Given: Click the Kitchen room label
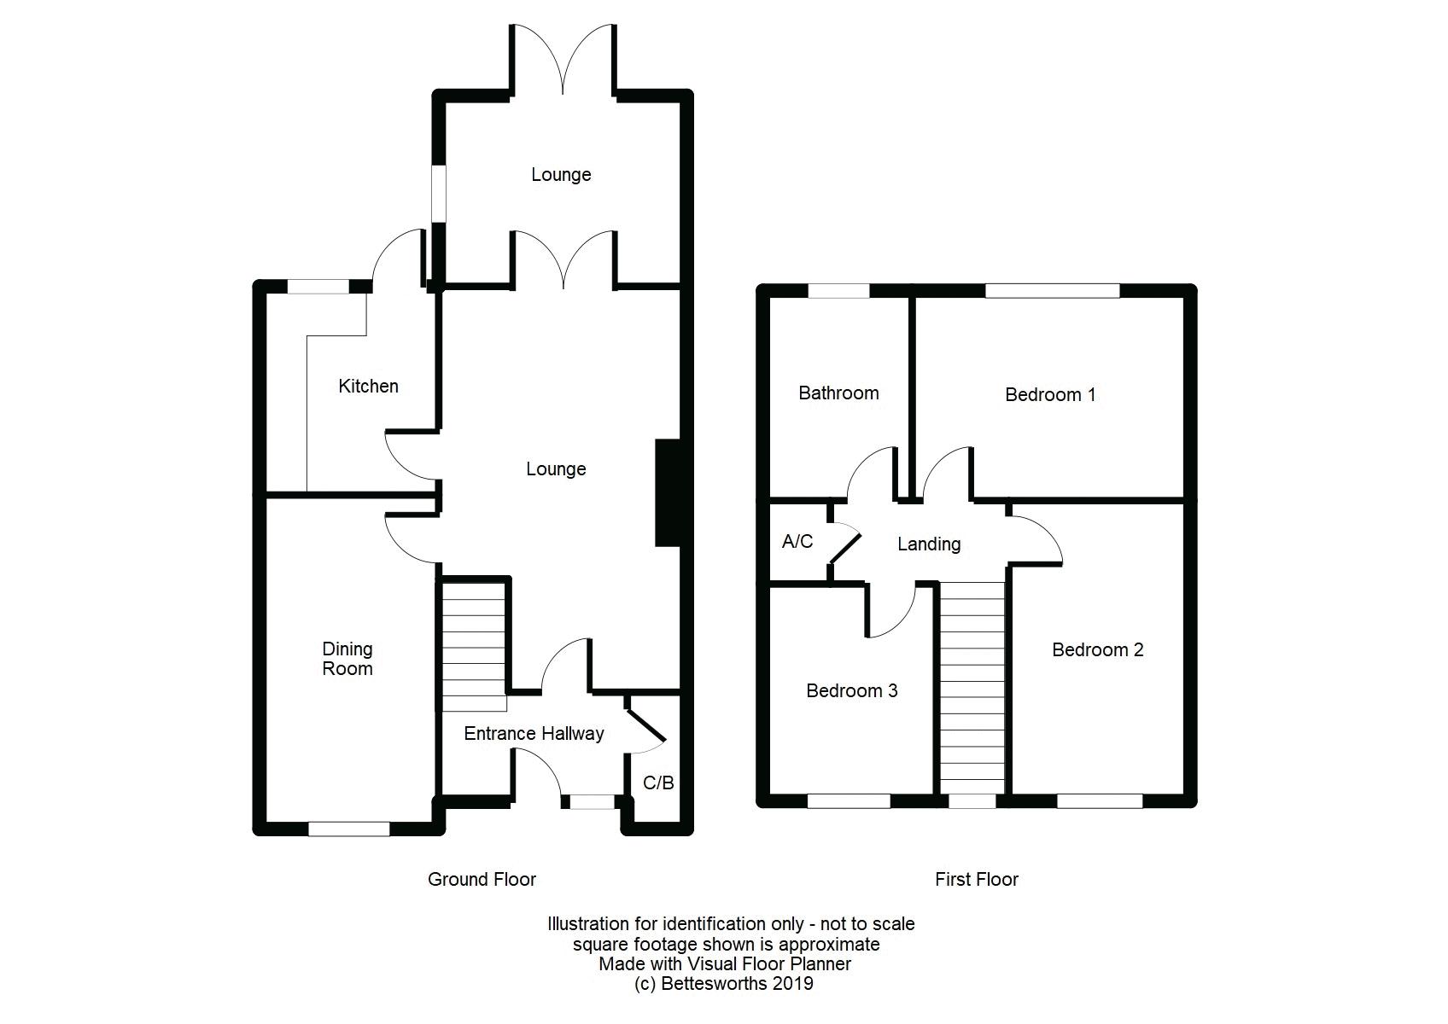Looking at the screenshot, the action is pyautogui.click(x=368, y=387).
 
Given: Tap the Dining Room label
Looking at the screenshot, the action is pyautogui.click(x=347, y=658).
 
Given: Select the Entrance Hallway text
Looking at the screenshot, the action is pyautogui.click(x=534, y=734).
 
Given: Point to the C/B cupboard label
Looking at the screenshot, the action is pyautogui.click(x=658, y=783).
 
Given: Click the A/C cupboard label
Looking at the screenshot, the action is pyautogui.click(x=797, y=541).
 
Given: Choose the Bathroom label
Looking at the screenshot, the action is pyautogui.click(x=838, y=393).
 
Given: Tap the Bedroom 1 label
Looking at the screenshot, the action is pyautogui.click(x=1050, y=395).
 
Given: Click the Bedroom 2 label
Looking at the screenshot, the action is pyautogui.click(x=1098, y=650).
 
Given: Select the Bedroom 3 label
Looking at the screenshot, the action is pyautogui.click(x=851, y=691).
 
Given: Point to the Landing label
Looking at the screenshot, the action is pyautogui.click(x=929, y=544).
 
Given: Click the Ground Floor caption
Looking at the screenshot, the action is pyautogui.click(x=482, y=879).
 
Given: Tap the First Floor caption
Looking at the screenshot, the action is pyautogui.click(x=976, y=879).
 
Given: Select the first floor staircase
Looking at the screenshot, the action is pyautogui.click(x=972, y=688).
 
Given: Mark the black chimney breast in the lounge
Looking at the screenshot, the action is pyautogui.click(x=669, y=493).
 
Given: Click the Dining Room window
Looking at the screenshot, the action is pyautogui.click(x=349, y=829).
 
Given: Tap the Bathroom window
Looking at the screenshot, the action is pyautogui.click(x=839, y=291).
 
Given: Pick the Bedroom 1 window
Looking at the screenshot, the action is pyautogui.click(x=1053, y=291).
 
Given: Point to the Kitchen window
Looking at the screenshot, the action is pyautogui.click(x=318, y=286).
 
